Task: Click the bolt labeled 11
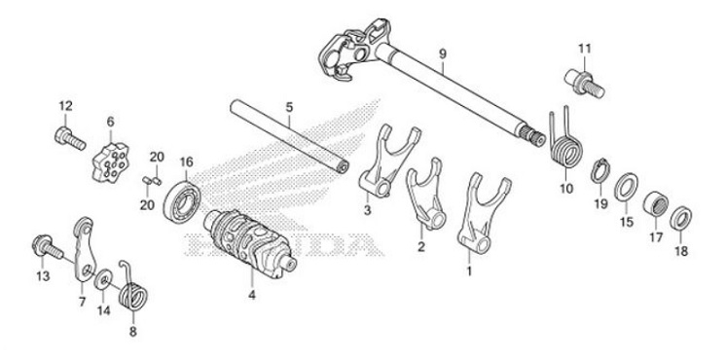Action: click(x=580, y=79)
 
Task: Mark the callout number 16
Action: click(x=186, y=162)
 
